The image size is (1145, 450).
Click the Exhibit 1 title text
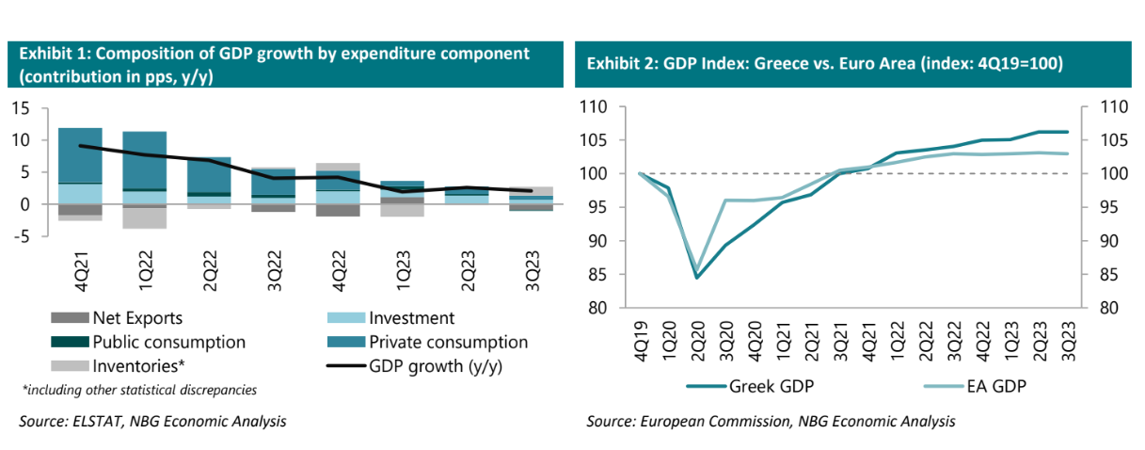273,63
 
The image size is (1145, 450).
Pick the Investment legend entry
411,319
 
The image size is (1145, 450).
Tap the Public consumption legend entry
167,343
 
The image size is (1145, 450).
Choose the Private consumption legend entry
448,343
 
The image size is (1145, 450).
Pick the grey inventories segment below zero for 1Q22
144,218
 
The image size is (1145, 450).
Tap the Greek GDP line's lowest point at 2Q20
698,277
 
